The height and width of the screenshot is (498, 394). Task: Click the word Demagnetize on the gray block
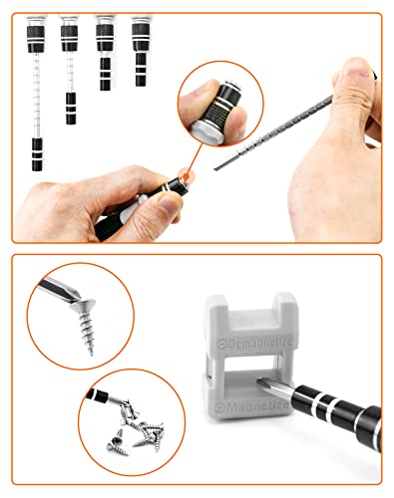pyautogui.click(x=260, y=344)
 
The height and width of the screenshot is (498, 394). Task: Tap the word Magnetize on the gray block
pyautogui.click(x=257, y=406)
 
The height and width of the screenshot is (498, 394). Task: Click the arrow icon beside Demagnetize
pyautogui.click(x=220, y=344)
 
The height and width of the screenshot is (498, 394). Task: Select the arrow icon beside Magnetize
pyautogui.click(x=220, y=406)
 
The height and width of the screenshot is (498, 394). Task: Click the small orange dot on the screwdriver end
pyautogui.click(x=186, y=173)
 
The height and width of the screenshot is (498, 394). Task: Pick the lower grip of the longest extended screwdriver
pyautogui.click(x=37, y=154)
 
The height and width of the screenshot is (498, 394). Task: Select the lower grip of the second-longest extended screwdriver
pyautogui.click(x=71, y=109)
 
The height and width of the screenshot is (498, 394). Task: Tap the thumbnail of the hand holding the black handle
pyautogui.click(x=170, y=201)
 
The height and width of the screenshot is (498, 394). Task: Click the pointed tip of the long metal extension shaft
pyautogui.click(x=215, y=169)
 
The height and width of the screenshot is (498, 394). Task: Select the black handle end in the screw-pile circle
pyautogui.click(x=97, y=395)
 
